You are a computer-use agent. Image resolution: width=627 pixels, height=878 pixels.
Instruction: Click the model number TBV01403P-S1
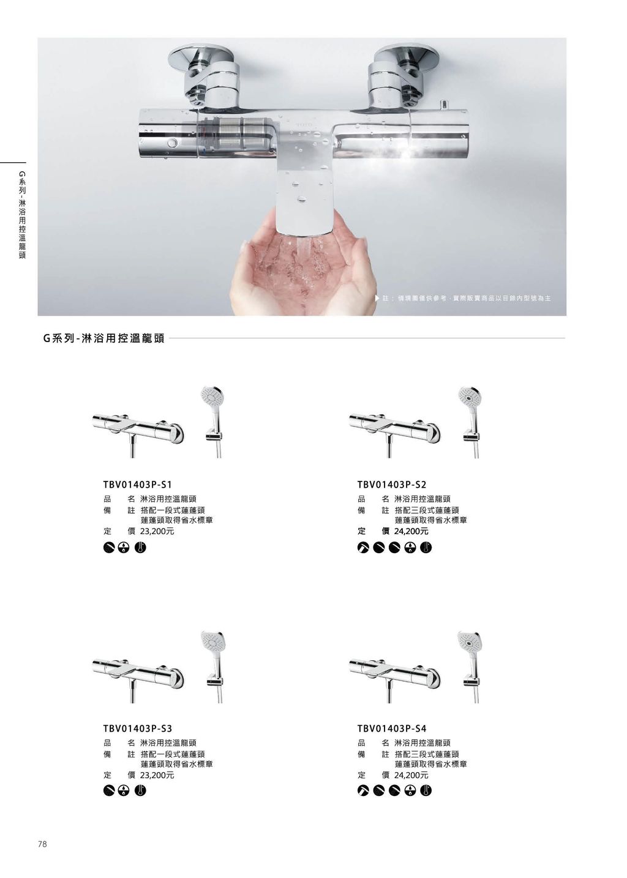[137, 485]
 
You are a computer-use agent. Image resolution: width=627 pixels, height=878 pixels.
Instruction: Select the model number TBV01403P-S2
[391, 485]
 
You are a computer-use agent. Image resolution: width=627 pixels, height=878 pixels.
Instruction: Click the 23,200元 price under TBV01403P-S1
[157, 532]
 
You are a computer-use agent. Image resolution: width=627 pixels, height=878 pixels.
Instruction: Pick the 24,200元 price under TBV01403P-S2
[411, 532]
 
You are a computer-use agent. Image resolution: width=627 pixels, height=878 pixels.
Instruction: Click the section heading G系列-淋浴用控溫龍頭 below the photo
[103, 338]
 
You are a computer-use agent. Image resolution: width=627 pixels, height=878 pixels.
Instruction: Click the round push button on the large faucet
[171, 143]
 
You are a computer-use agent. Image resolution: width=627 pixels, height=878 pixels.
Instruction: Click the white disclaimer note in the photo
[463, 299]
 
